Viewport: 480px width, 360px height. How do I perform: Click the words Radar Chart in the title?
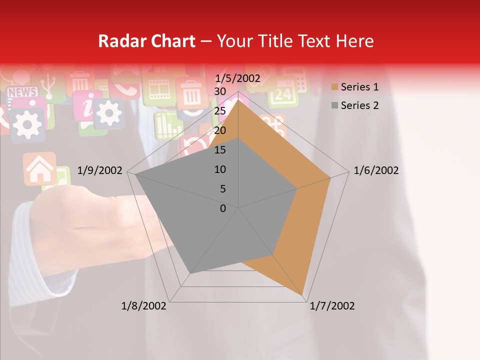click(x=146, y=41)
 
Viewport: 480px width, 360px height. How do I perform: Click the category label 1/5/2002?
click(x=238, y=78)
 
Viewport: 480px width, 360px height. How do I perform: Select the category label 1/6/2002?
click(x=376, y=171)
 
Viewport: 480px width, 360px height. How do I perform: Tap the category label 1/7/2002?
click(x=332, y=306)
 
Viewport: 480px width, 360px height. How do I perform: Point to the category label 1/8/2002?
click(x=144, y=306)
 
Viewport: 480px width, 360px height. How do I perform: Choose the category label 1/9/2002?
click(x=100, y=171)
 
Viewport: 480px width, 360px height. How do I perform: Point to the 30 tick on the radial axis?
click(x=220, y=91)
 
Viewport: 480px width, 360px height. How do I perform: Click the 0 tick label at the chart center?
click(x=223, y=208)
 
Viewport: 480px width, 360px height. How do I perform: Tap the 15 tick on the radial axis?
click(x=220, y=150)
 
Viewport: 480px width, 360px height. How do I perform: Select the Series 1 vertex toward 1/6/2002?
click(x=330, y=177)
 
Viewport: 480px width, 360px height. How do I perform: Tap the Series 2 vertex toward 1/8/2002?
click(x=190, y=273)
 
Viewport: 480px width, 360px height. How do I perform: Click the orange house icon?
click(x=39, y=168)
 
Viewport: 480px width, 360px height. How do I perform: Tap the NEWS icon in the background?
click(x=22, y=92)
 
